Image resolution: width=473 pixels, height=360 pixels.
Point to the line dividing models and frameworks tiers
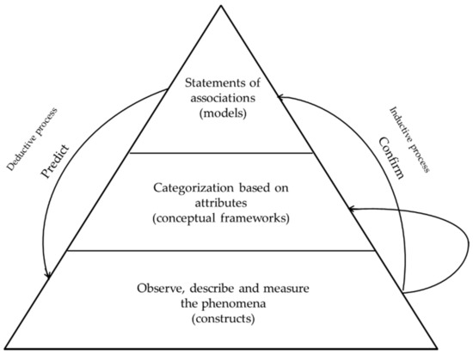[236, 153]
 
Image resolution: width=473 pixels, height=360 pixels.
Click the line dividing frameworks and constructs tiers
[236, 252]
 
